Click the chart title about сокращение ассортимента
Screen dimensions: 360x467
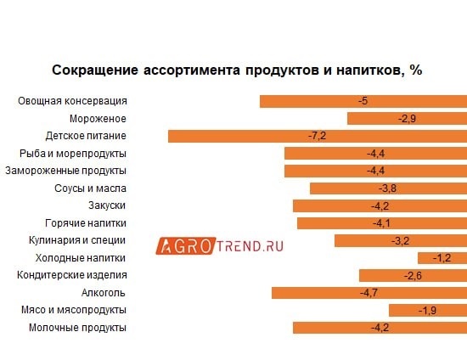[237, 70]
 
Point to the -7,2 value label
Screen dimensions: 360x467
[318, 136]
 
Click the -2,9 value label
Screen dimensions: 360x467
[407, 118]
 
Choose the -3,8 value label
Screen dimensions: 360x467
[387, 188]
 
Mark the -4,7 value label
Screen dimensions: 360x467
[369, 293]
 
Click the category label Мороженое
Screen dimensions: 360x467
[98, 118]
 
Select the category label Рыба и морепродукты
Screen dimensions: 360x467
[73, 154]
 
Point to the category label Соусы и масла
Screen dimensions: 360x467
[90, 188]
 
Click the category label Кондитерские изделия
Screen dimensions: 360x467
[72, 275]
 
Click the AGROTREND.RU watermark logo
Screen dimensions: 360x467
[219, 246]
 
